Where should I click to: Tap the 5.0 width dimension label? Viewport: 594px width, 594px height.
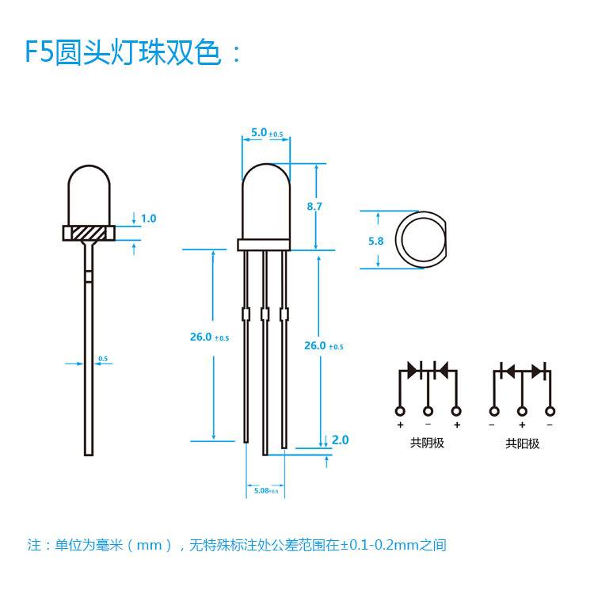click(x=259, y=133)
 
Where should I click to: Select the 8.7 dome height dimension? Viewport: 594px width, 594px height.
click(x=314, y=206)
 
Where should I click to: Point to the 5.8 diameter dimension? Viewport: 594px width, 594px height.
click(x=376, y=241)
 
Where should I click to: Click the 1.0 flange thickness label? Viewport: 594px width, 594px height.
click(x=148, y=218)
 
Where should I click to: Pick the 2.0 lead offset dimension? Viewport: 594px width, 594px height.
click(x=340, y=440)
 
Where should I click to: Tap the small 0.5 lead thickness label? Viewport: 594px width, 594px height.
click(x=103, y=359)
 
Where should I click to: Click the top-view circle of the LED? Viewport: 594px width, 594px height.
click(x=421, y=240)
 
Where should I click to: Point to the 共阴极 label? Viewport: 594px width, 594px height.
click(x=428, y=444)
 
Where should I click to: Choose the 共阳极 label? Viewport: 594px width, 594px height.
click(x=523, y=444)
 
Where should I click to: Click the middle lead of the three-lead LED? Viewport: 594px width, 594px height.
click(x=265, y=356)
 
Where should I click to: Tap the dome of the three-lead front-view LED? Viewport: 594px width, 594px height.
click(x=265, y=198)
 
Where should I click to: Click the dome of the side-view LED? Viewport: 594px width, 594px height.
click(x=89, y=194)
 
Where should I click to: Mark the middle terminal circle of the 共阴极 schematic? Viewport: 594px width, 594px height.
click(x=428, y=410)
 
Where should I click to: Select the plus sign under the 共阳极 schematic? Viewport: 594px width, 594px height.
click(x=523, y=425)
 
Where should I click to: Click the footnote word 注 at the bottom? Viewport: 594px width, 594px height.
click(x=34, y=545)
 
